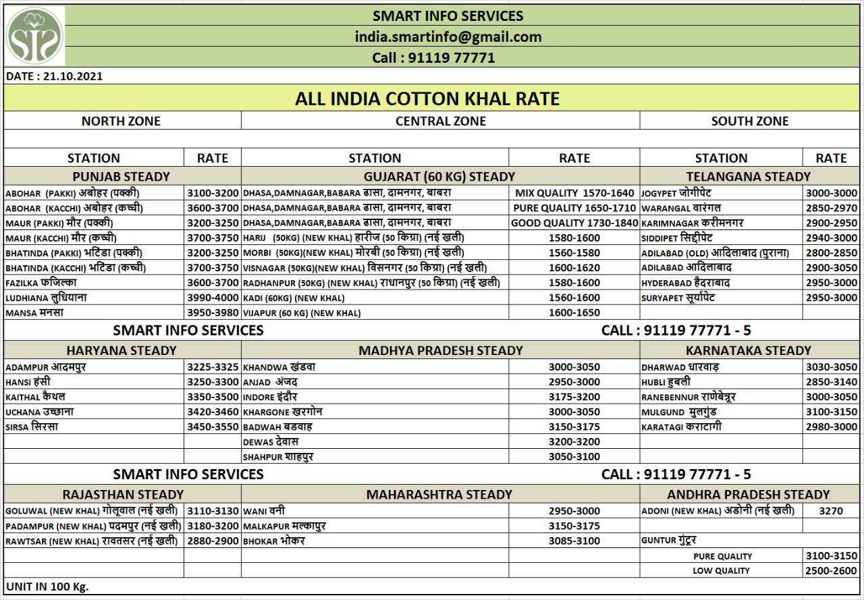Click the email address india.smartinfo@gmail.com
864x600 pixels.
point(448,37)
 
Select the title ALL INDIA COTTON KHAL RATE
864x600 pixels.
point(427,99)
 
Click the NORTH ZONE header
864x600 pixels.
point(121,121)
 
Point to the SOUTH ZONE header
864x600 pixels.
point(749,121)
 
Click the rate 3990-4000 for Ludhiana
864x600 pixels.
point(213,298)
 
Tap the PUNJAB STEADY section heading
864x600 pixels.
point(121,177)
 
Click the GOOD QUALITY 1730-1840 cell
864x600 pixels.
point(574,223)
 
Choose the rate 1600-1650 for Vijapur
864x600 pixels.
point(574,312)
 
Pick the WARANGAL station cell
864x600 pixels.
point(682,208)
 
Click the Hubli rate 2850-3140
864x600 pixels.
point(831,382)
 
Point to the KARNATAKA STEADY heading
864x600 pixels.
point(748,350)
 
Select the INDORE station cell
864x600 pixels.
point(270,397)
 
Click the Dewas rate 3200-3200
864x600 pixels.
point(574,441)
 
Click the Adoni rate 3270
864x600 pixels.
point(831,511)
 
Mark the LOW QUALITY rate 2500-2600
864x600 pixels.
point(831,571)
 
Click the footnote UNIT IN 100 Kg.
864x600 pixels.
point(47,586)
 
